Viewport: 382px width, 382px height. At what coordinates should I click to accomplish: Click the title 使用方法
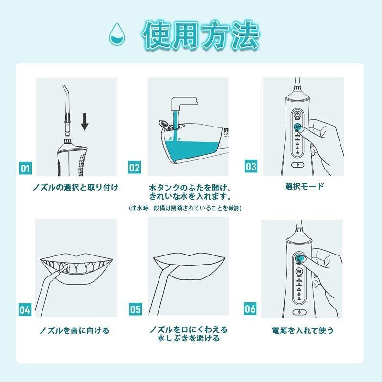pos(201,35)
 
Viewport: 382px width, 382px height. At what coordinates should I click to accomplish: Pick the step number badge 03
pos(251,167)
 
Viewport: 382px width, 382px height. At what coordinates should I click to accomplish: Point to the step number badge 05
pos(135,309)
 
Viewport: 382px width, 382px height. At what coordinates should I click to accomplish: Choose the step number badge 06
pos(250,308)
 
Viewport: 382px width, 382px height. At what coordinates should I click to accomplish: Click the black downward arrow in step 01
pos(85,122)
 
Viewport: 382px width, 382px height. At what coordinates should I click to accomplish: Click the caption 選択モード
pos(304,186)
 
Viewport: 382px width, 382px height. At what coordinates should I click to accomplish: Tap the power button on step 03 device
pos(297,115)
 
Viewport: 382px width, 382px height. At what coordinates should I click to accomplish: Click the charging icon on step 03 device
pos(297,166)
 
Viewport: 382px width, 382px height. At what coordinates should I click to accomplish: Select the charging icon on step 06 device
pos(299,314)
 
